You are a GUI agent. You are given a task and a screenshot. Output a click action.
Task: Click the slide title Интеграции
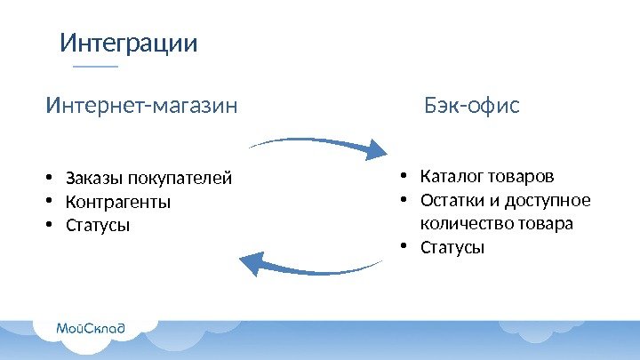(128, 44)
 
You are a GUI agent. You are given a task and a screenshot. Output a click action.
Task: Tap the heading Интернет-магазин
(141, 107)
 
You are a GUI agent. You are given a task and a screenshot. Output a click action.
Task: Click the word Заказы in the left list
(91, 179)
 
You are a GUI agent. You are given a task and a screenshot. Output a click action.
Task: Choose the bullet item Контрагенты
(117, 202)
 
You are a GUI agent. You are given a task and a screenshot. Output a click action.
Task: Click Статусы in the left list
(98, 225)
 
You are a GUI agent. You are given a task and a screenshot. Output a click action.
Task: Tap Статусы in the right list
(452, 246)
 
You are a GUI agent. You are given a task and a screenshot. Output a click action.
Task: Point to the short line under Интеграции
(94, 67)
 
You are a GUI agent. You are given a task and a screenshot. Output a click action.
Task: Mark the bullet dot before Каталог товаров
(403, 174)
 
